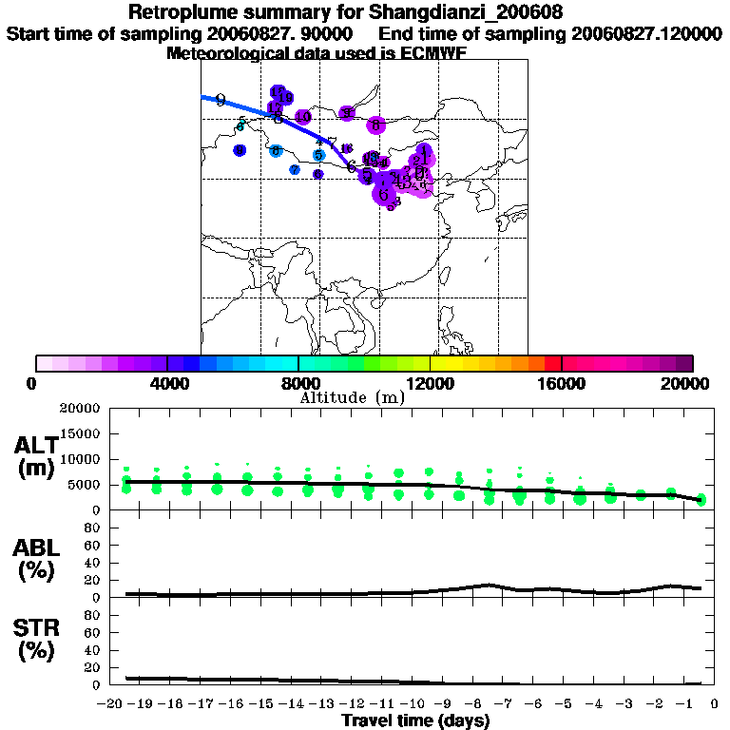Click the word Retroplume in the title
click(177, 12)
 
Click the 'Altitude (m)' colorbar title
click(352, 397)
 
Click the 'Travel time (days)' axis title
click(415, 720)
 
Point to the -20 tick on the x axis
click(113, 705)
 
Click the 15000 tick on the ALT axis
click(79, 433)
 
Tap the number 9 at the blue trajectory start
click(221, 101)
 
